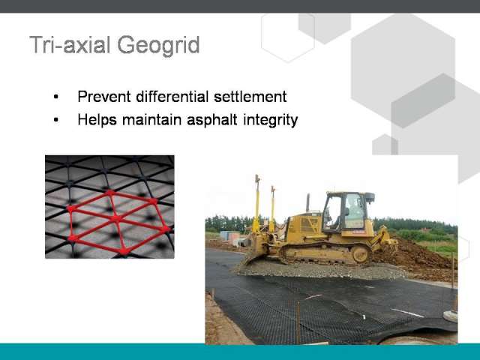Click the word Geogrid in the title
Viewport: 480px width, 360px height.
coord(158,46)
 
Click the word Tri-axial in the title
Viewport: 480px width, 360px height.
coord(70,45)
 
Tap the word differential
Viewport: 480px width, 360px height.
coord(172,97)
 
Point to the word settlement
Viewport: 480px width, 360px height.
coord(250,97)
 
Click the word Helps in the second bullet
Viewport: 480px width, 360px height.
coord(97,119)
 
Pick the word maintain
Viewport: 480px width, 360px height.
coord(152,119)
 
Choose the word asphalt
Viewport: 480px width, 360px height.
coord(212,119)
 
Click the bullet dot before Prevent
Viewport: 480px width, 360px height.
coord(55,97)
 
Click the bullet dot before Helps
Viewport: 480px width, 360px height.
coord(55,120)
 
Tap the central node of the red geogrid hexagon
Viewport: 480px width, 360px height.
coord(116,218)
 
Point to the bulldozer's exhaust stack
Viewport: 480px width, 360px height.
coord(308,203)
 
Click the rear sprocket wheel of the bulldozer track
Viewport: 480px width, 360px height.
coord(361,253)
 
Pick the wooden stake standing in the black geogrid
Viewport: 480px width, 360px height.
coord(298,323)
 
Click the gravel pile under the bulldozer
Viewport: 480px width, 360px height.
coord(318,270)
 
